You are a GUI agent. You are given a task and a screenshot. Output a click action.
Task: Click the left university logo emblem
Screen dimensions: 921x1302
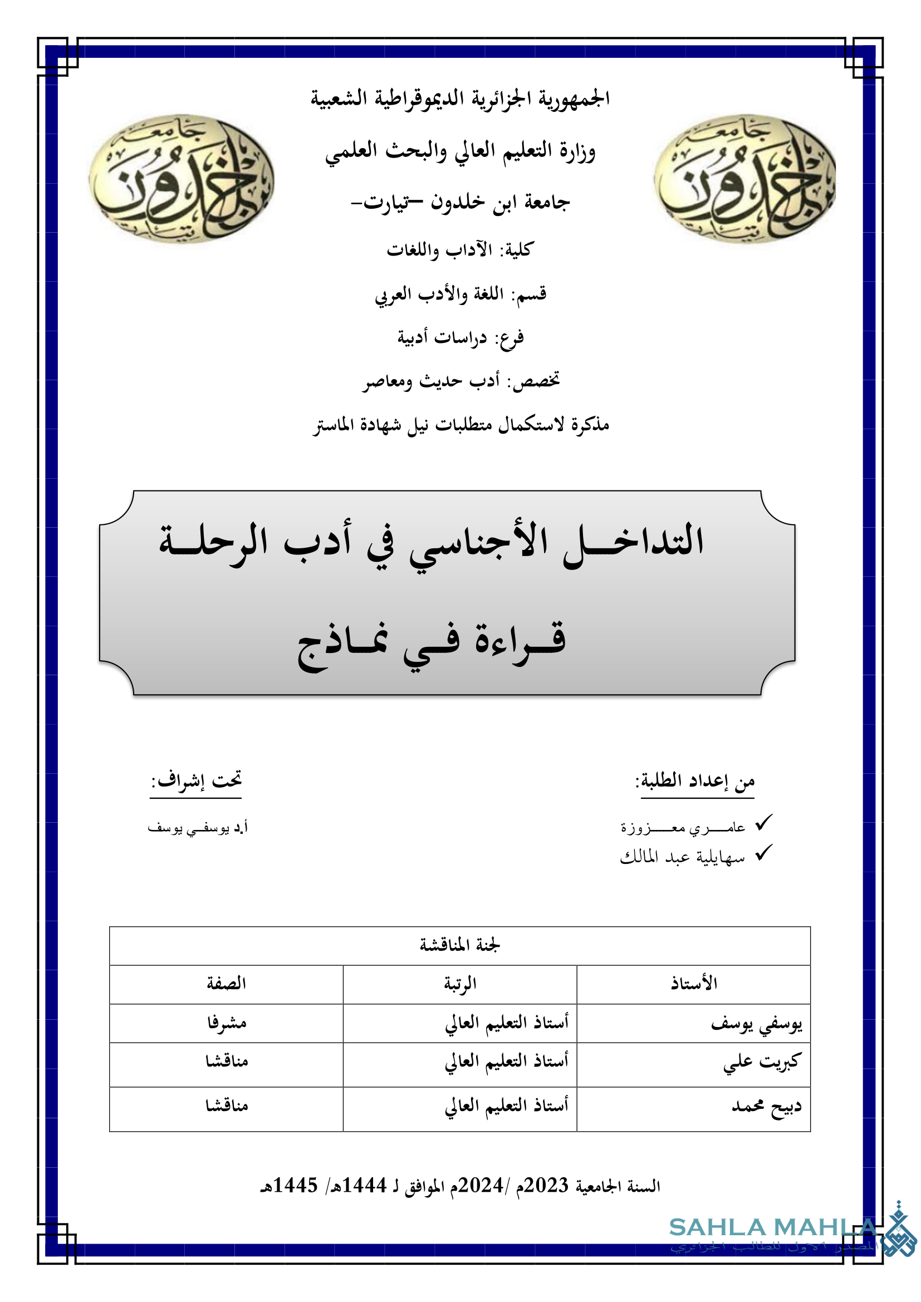(x=182, y=179)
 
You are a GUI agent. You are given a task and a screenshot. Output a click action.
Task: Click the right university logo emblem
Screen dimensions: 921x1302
(x=745, y=179)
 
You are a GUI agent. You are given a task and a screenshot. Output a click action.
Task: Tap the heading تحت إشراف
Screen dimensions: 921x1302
(x=196, y=780)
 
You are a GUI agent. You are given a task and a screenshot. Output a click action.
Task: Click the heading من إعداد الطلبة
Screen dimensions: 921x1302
(x=696, y=780)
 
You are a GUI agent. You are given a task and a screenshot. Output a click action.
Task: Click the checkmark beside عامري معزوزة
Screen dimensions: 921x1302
(x=764, y=823)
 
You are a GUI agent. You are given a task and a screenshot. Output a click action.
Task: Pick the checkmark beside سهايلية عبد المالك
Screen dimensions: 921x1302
(x=764, y=853)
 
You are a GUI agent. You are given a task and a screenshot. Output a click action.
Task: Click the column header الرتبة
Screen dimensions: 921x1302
(x=460, y=984)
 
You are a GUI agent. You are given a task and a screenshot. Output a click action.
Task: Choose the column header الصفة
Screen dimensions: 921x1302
(x=226, y=984)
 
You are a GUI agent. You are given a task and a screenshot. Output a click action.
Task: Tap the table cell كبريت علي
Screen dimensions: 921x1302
(x=762, y=1061)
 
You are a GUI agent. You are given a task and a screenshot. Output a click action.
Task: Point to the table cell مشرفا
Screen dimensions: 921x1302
(x=226, y=1023)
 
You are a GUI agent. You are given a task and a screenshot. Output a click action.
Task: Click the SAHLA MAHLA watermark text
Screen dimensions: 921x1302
(x=771, y=1229)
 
